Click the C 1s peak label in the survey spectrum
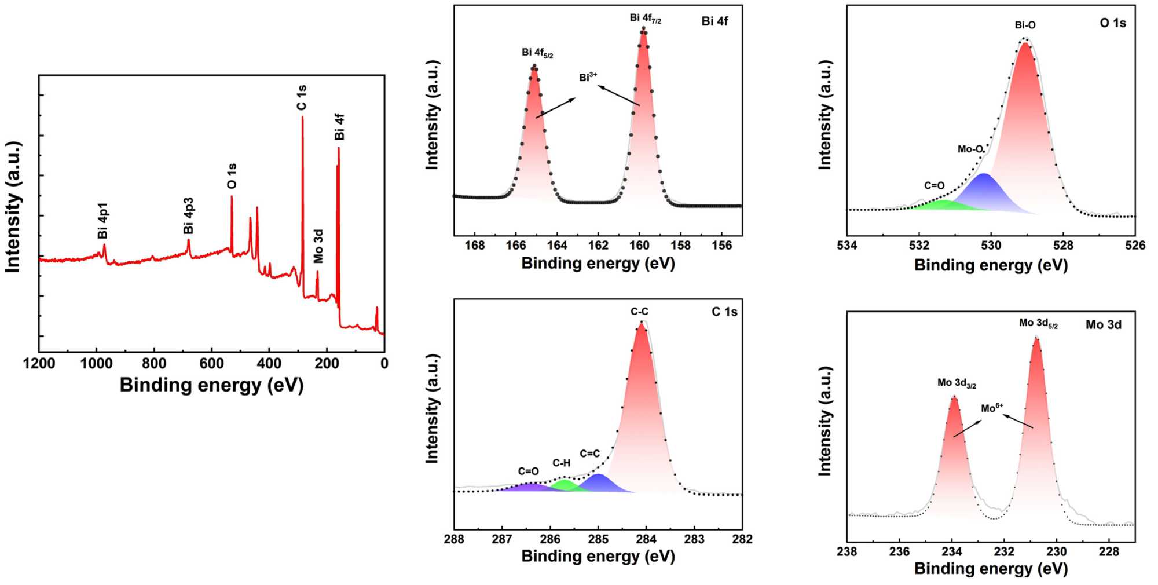coord(302,97)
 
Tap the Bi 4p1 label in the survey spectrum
coord(103,221)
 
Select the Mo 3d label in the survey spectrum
coord(318,246)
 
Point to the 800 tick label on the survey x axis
coord(154,364)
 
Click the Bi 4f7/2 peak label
coord(645,19)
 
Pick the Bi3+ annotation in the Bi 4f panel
coord(588,77)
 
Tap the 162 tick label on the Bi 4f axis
coord(598,246)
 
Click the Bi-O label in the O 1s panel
coord(1025,25)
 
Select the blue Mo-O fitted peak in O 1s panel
coord(984,191)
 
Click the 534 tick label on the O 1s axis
coord(847,246)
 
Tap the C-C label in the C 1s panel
coord(639,312)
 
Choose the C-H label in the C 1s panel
coord(561,463)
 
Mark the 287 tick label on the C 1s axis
coord(502,539)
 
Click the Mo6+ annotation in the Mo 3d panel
coord(992,408)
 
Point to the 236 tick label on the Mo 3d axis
coord(899,551)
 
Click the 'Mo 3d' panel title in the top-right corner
coord(1103,325)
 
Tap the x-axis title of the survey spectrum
coord(211,385)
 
